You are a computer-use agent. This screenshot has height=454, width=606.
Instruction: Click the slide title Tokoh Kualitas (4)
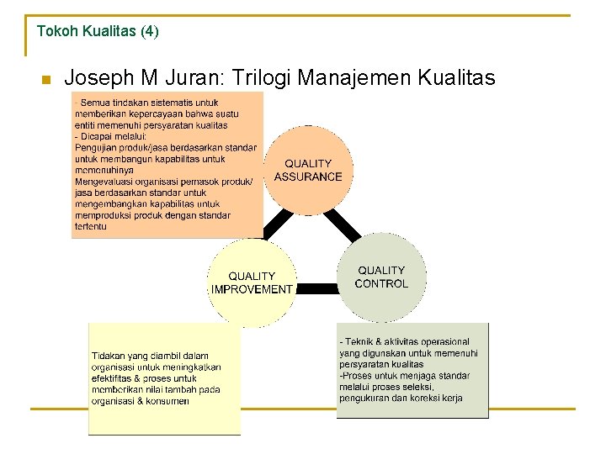(97, 31)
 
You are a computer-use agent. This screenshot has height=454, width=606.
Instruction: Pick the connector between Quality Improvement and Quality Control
(316, 288)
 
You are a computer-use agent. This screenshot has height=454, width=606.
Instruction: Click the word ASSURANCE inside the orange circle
(308, 177)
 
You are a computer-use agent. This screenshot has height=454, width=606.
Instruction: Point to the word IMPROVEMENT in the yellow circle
(252, 289)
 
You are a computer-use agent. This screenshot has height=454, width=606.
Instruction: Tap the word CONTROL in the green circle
(381, 284)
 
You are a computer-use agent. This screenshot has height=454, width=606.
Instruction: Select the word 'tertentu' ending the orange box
(91, 226)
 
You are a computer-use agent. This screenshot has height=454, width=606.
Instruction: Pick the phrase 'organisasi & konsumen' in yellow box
(141, 401)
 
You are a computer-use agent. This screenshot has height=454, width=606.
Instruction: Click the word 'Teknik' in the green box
(360, 341)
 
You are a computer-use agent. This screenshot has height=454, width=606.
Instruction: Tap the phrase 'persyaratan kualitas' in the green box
(381, 365)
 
